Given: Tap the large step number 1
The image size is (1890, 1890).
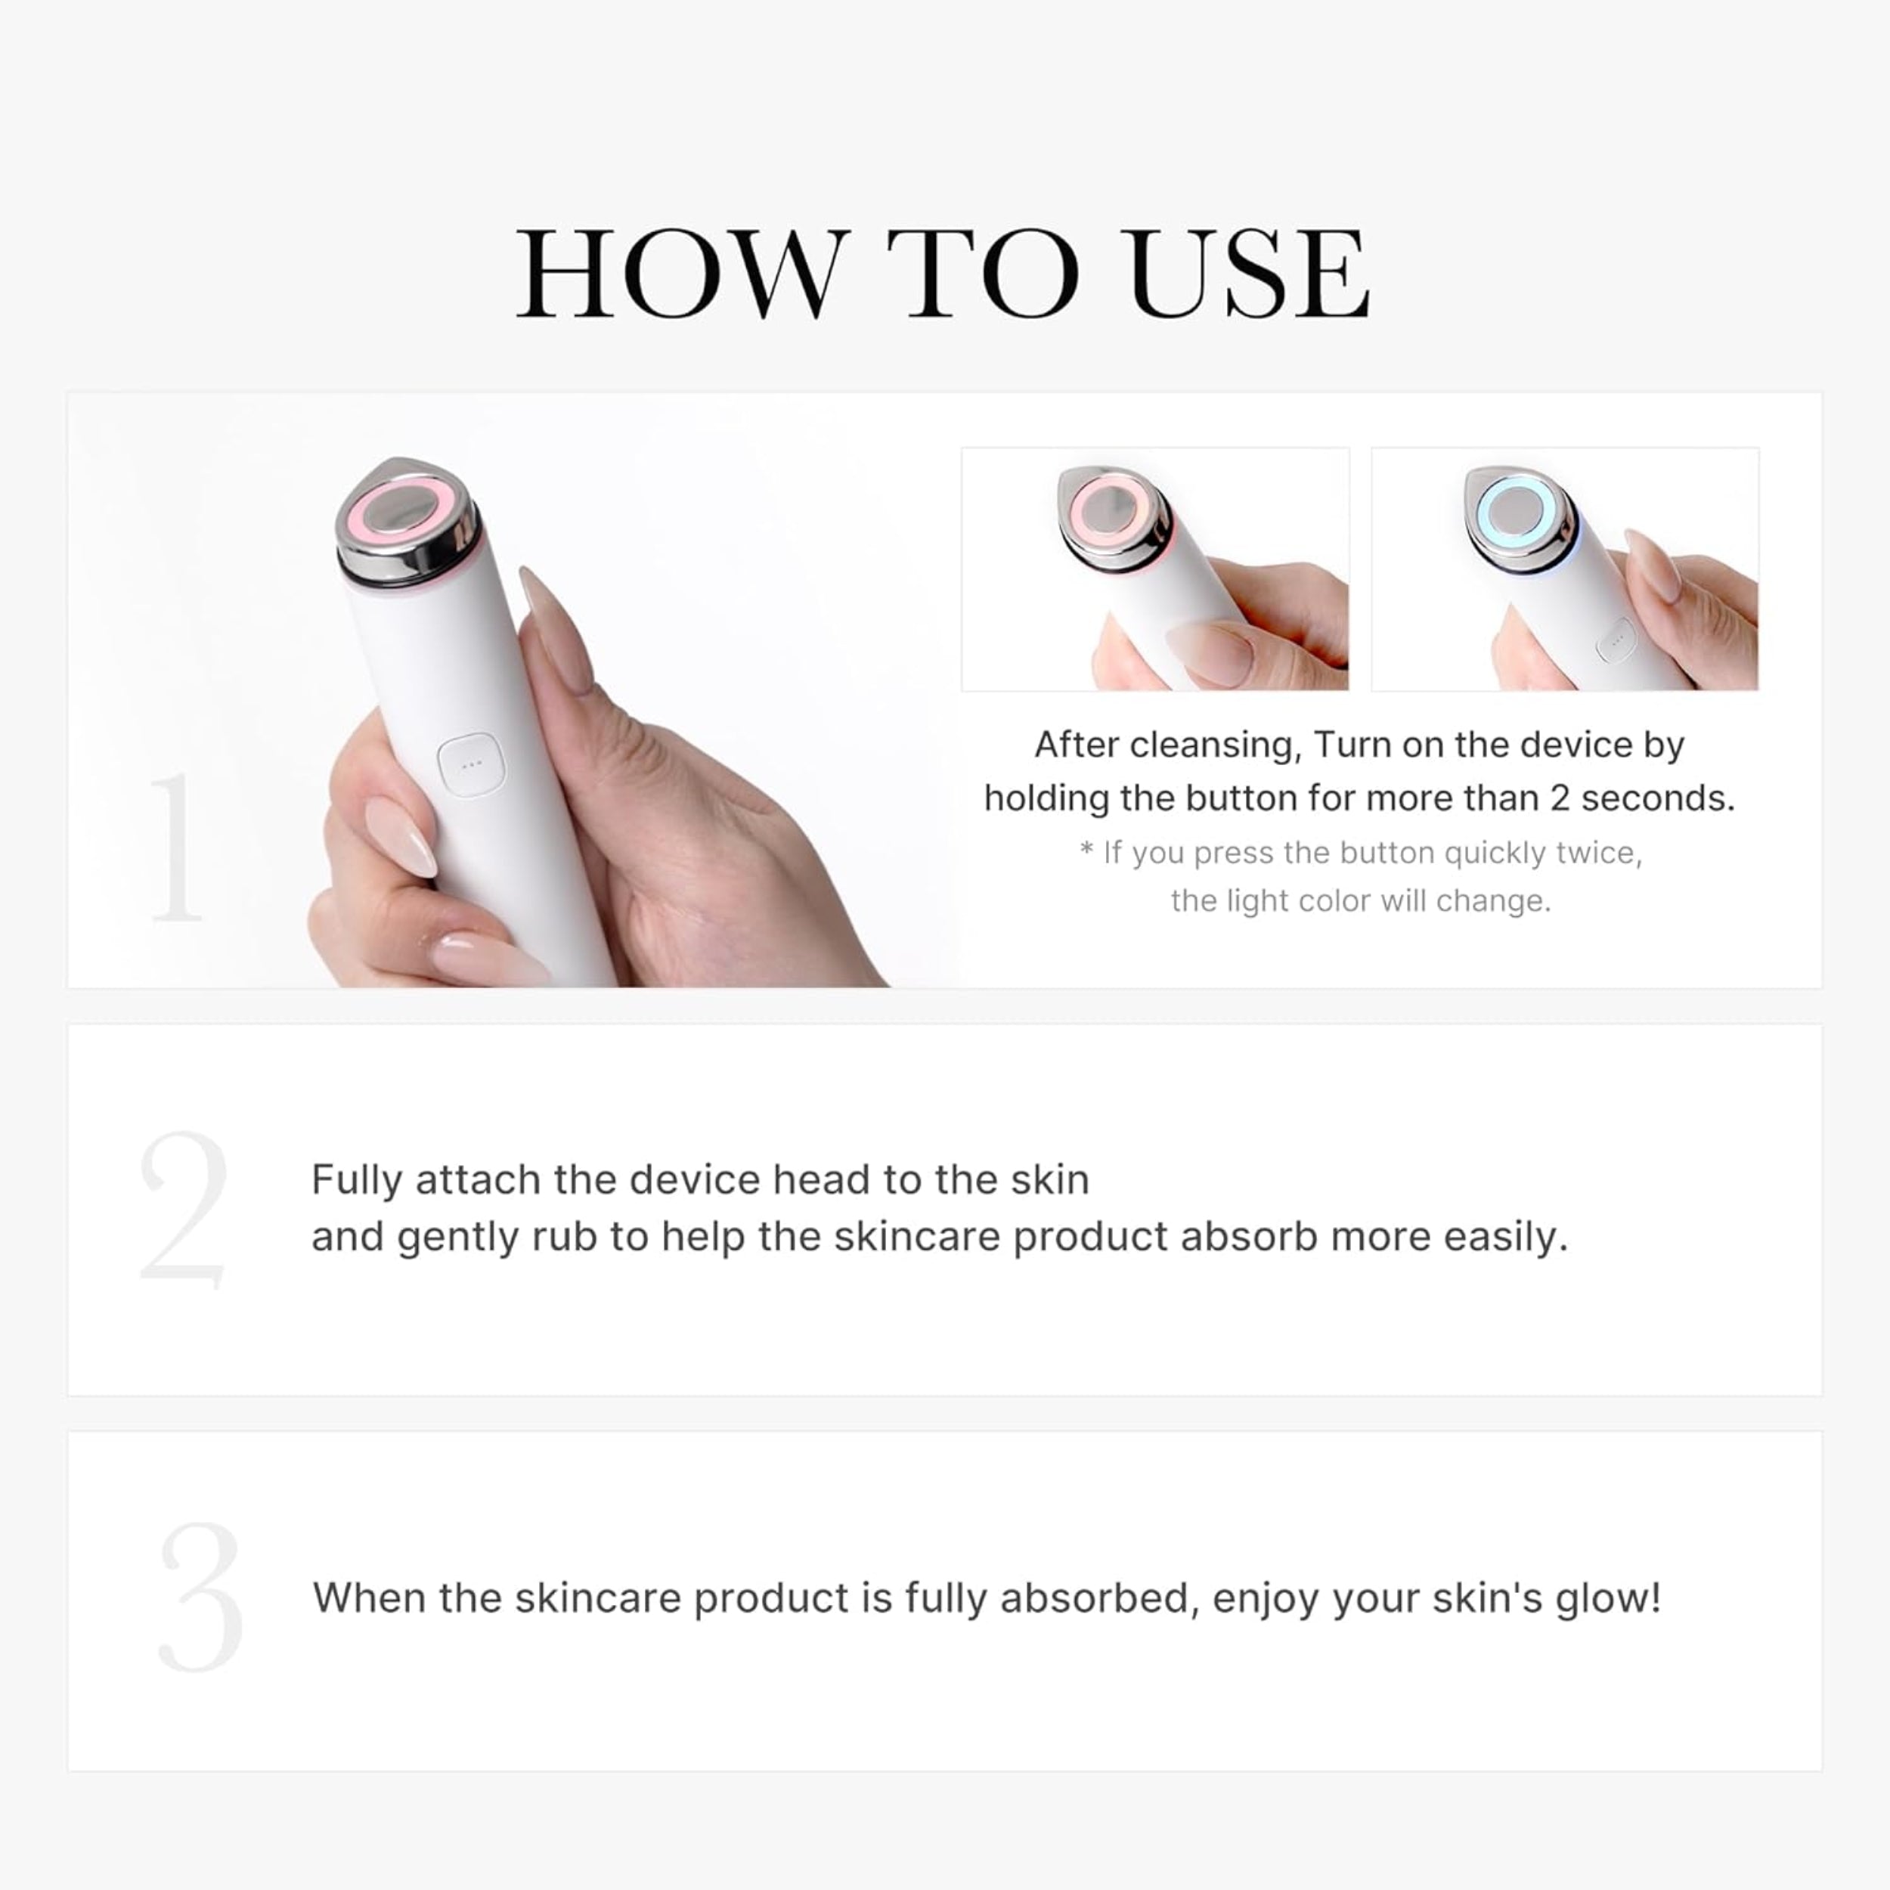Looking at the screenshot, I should (176, 847).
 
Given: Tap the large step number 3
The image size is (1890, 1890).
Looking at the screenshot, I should (200, 1597).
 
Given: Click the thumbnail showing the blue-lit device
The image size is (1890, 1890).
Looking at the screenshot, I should (1564, 569).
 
